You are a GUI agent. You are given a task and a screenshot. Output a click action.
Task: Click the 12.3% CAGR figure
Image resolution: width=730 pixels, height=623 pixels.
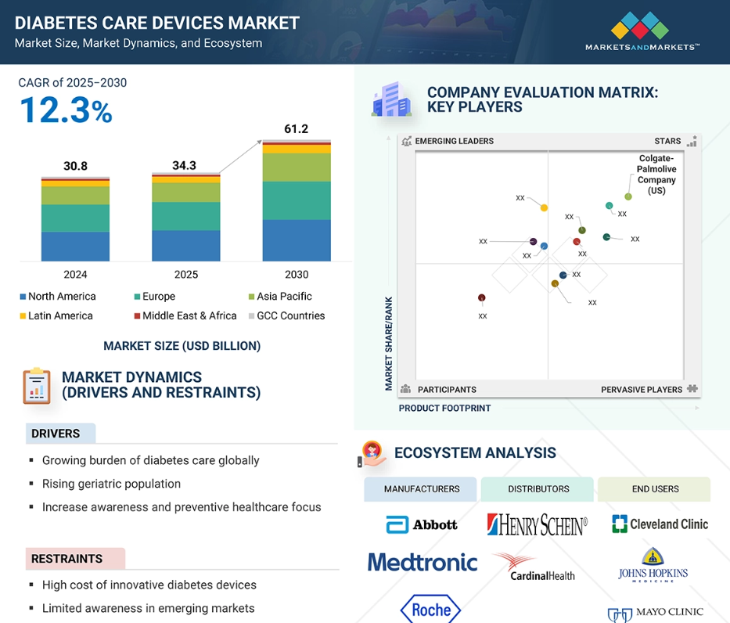click(66, 110)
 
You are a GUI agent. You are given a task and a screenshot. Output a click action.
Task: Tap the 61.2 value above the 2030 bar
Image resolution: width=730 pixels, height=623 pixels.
click(296, 128)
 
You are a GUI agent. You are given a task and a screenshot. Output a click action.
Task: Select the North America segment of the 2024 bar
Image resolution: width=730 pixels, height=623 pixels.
click(75, 247)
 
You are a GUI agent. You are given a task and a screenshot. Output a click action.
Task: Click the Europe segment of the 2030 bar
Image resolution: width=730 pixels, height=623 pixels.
click(297, 200)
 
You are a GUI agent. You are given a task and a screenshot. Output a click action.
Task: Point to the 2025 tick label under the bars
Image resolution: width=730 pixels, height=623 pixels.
click(185, 275)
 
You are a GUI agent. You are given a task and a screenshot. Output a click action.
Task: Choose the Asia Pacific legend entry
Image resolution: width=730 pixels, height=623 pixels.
click(280, 296)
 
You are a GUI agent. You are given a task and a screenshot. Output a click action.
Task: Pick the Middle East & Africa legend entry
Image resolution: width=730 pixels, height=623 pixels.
click(185, 315)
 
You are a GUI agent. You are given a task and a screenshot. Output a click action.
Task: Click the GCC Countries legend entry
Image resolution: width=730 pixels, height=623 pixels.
click(287, 315)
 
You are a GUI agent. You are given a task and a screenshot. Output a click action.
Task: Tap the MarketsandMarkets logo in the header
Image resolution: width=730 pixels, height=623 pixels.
click(642, 31)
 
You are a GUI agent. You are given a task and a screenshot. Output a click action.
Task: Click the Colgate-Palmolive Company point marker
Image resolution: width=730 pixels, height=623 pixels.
click(628, 196)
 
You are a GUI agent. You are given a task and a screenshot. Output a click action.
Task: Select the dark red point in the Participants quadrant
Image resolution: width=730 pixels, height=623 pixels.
click(482, 297)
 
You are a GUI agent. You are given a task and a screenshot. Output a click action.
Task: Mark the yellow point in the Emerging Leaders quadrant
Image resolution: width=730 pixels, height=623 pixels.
click(544, 207)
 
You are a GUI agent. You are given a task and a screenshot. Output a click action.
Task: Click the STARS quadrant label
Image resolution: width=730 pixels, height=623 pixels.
click(667, 141)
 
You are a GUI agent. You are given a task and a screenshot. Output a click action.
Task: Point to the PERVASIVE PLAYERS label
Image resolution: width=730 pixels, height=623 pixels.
click(641, 390)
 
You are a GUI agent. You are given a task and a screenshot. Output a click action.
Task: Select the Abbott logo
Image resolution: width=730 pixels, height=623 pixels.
click(421, 524)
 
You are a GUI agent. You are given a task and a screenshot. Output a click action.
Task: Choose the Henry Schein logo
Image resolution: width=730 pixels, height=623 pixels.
click(538, 524)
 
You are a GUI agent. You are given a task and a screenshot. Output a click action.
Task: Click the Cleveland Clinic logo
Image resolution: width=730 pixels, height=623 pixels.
click(660, 524)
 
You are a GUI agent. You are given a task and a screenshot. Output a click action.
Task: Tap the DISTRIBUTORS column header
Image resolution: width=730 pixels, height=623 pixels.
click(538, 489)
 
